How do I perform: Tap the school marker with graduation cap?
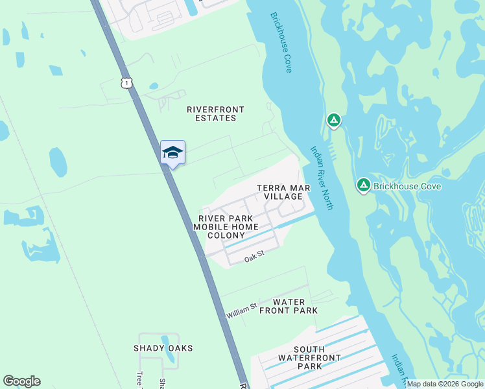click(x=172, y=152)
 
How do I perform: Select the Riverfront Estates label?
click(x=211, y=114)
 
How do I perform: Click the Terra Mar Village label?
click(x=283, y=192)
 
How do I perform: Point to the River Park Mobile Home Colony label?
click(x=226, y=227)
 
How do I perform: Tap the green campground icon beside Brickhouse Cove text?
click(x=364, y=186)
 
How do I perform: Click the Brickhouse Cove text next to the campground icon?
click(x=407, y=187)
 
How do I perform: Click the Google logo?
click(x=21, y=381)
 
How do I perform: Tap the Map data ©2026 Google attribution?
click(x=445, y=384)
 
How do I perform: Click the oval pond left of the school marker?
click(x=58, y=162)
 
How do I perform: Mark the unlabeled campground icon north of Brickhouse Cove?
click(x=333, y=120)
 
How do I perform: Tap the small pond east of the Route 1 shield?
click(x=153, y=86)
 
